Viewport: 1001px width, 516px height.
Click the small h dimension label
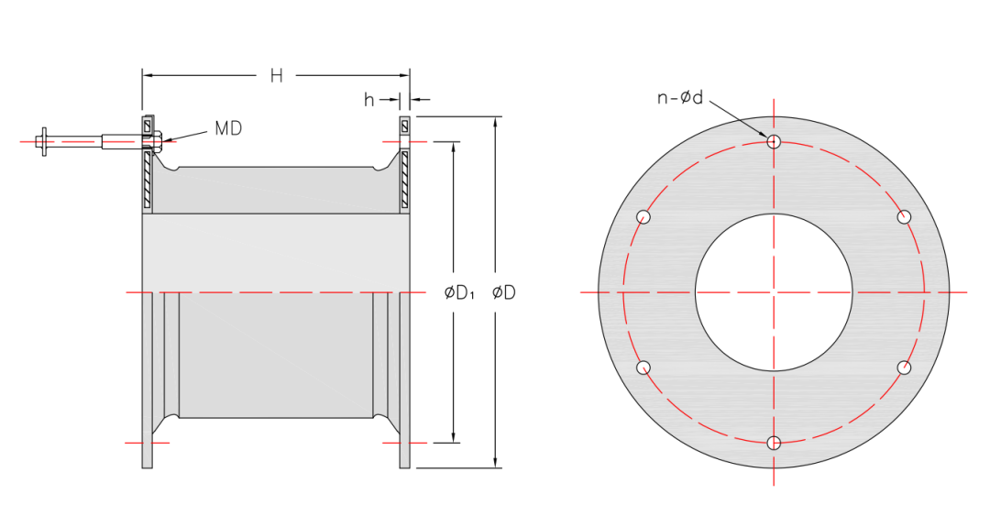(x=368, y=100)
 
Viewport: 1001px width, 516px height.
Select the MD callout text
(x=228, y=128)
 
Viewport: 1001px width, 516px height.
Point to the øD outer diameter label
(x=503, y=293)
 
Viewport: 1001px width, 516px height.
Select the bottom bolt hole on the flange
(x=774, y=444)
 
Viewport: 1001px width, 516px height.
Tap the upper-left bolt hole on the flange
(x=643, y=217)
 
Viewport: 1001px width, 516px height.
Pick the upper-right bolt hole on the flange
(x=904, y=217)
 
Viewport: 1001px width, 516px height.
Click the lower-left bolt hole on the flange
(x=643, y=368)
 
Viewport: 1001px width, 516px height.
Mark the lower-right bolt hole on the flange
(x=904, y=368)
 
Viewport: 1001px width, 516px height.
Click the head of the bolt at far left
(x=42, y=141)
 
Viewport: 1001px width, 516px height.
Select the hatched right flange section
(x=404, y=179)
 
